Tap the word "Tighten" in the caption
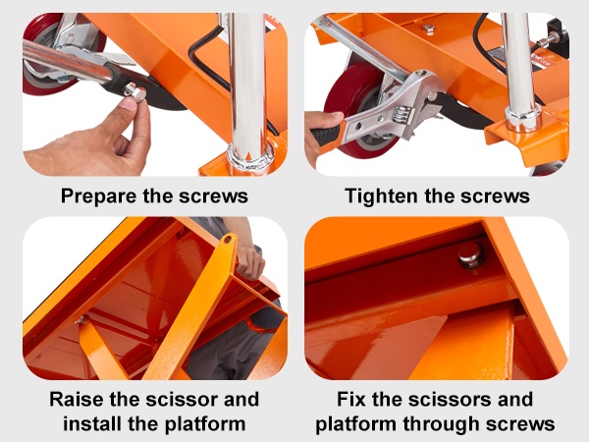381,196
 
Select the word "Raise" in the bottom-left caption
77,399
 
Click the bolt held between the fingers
136,92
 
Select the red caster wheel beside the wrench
357,109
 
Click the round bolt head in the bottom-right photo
470,255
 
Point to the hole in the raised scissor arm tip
228,240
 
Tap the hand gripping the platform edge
249,260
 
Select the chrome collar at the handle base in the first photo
249,158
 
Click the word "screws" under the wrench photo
495,196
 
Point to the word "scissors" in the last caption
452,399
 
